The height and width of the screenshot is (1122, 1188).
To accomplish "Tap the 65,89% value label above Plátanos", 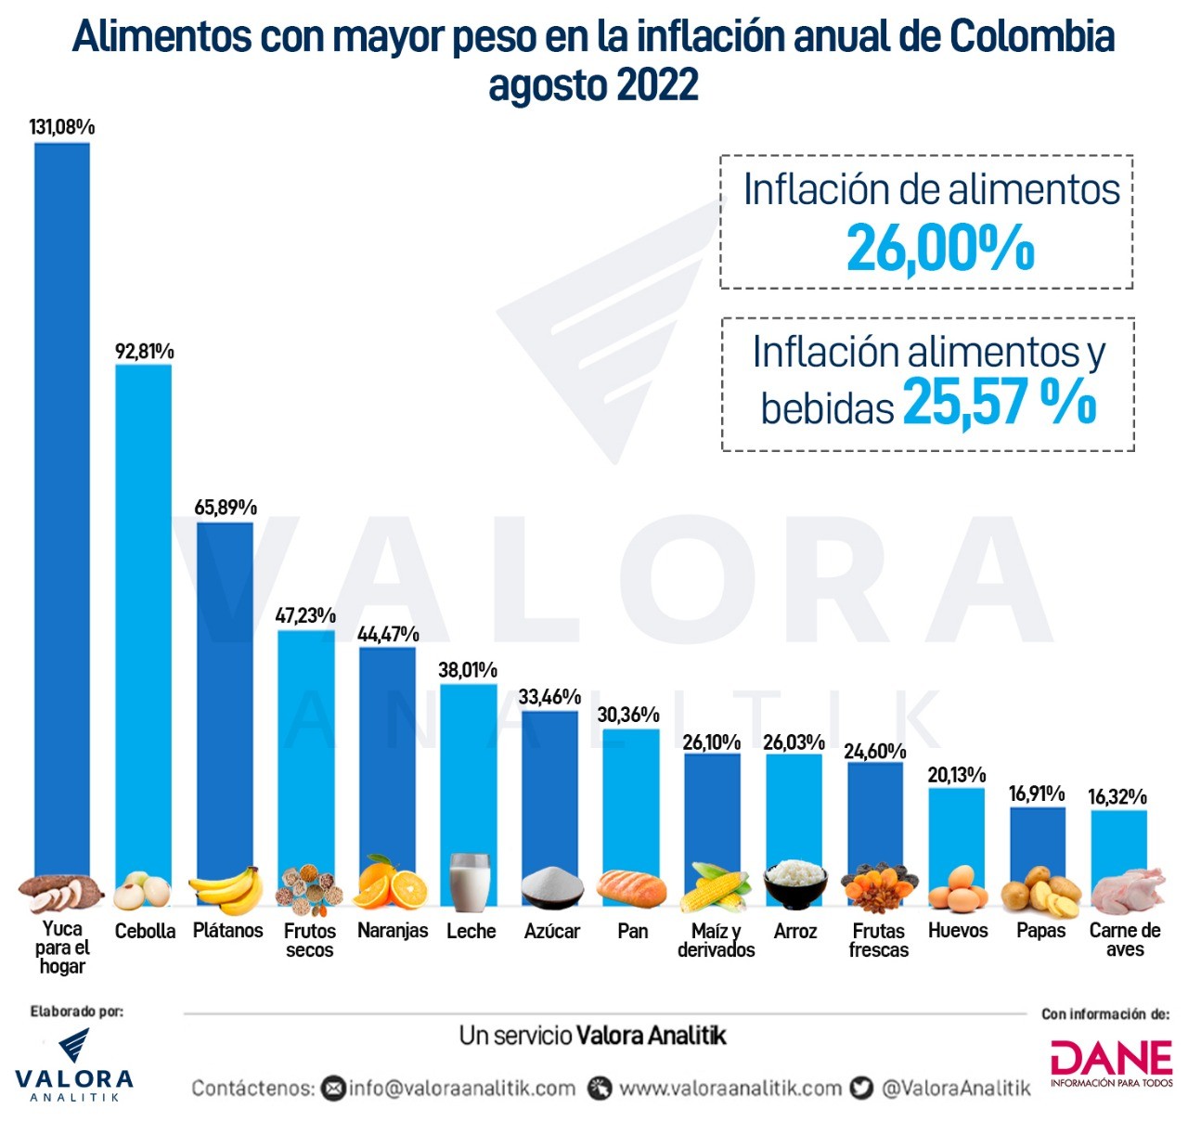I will point(226,508).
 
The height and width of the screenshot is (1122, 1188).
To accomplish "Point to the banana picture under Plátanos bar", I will point(226,890).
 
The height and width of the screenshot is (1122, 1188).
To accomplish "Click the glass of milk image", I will point(470,882).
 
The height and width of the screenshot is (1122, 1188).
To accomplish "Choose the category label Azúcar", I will point(551,931).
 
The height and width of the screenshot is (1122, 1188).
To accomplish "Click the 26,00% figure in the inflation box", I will point(939,249).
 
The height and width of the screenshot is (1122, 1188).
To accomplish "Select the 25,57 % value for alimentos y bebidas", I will point(1000,402).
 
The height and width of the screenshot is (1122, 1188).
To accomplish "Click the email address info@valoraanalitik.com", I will point(461,1088).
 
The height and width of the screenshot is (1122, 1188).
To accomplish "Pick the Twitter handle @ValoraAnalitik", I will point(955,1088).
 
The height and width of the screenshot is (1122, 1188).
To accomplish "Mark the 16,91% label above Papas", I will point(1036,793).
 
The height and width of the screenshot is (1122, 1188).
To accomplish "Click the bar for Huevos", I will point(956,835).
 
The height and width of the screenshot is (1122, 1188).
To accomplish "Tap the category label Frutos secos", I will point(309,940).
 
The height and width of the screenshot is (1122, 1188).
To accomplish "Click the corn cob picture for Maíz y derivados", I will point(715,888).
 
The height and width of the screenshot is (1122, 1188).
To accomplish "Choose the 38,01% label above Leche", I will point(468,670).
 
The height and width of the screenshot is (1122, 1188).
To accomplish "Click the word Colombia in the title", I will point(1031,37).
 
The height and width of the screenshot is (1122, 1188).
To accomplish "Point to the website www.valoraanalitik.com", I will point(730,1088).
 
